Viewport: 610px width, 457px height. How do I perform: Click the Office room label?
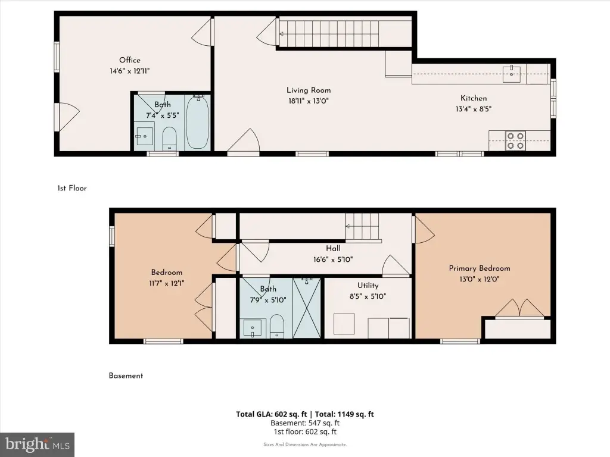pyautogui.click(x=129, y=60)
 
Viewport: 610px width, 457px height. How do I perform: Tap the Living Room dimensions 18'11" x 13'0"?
pyautogui.click(x=308, y=101)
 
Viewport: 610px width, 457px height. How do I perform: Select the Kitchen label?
pyautogui.click(x=474, y=98)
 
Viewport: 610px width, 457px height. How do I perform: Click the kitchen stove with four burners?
pyautogui.click(x=515, y=140)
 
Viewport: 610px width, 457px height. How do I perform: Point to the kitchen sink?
pyautogui.click(x=512, y=74)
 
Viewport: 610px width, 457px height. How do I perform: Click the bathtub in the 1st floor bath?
pyautogui.click(x=198, y=122)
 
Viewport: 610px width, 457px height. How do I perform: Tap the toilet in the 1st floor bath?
pyautogui.click(x=169, y=138)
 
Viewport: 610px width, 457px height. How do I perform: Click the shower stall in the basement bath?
pyautogui.click(x=307, y=308)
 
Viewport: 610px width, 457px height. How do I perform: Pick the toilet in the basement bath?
pyautogui.click(x=276, y=325)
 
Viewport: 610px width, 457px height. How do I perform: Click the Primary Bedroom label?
pyautogui.click(x=480, y=268)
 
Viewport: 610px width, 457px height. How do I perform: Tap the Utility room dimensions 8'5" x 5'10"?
pyautogui.click(x=368, y=296)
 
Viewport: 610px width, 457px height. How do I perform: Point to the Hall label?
pyautogui.click(x=333, y=248)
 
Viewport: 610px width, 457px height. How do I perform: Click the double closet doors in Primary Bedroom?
pyautogui.click(x=519, y=308)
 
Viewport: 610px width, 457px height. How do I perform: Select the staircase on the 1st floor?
pyautogui.click(x=329, y=33)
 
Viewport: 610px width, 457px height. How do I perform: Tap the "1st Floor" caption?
pyautogui.click(x=72, y=188)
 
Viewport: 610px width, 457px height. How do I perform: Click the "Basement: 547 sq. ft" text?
pyautogui.click(x=305, y=423)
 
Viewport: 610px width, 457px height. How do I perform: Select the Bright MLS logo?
pyautogui.click(x=37, y=445)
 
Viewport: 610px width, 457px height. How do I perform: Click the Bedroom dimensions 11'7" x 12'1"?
pyautogui.click(x=167, y=283)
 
